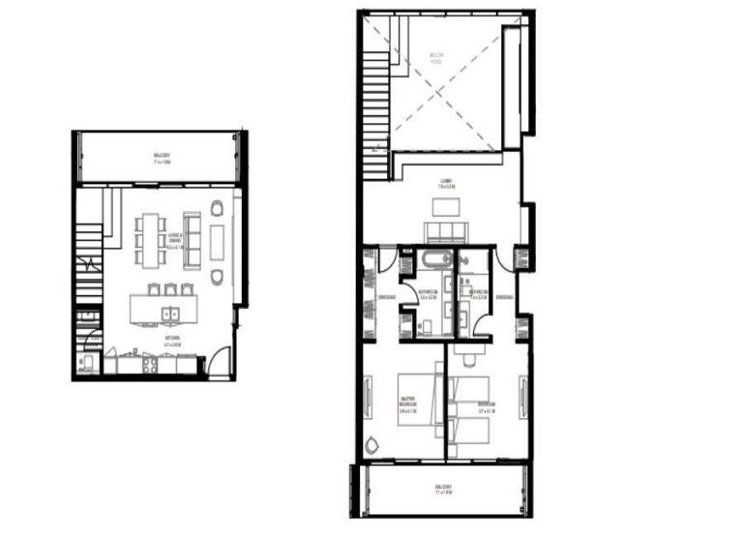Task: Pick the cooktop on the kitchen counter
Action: click(x=151, y=366)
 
